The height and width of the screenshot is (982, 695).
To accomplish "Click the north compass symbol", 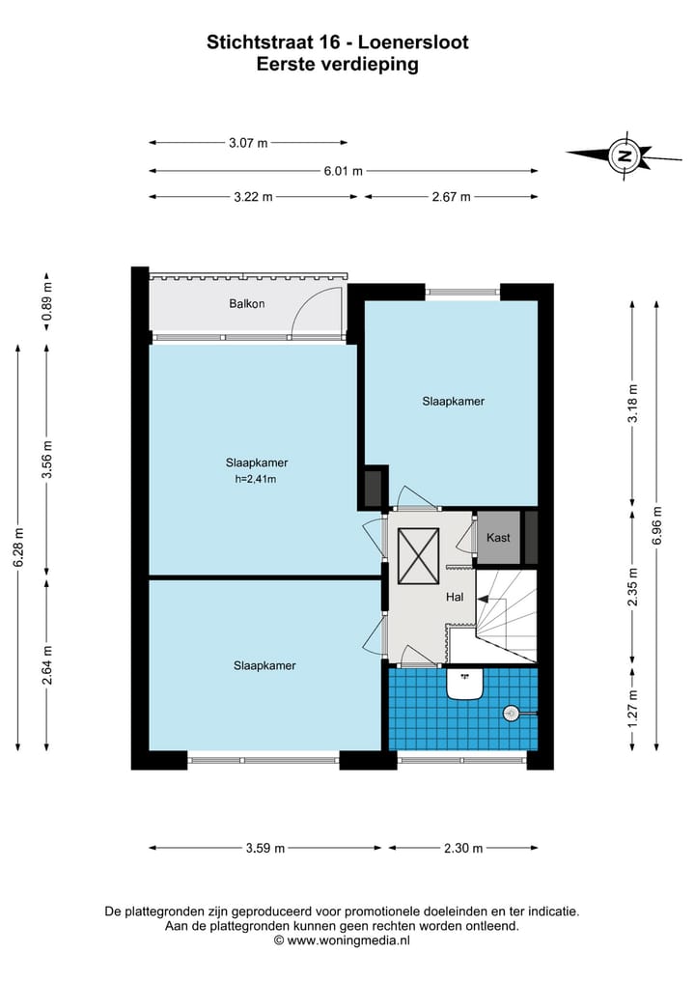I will [624, 154].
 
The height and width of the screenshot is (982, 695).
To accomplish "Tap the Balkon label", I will [247, 303].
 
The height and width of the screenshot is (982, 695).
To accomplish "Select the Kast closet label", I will [498, 538].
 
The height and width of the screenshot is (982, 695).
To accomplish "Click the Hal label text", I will [455, 597].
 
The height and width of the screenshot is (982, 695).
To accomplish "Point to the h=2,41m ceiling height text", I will [250, 478].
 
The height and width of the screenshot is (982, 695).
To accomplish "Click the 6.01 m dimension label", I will [343, 171].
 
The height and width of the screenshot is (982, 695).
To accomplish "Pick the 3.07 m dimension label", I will [248, 143].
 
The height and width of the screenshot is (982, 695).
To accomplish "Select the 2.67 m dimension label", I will [451, 197].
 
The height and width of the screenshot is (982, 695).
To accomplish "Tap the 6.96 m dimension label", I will [658, 525].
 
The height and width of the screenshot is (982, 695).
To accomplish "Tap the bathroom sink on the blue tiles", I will [465, 684].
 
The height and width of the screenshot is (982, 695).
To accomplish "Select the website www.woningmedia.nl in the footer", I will [348, 940].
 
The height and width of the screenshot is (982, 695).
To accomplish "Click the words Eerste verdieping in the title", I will [337, 66].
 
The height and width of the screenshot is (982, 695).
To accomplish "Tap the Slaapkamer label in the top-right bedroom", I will [453, 401].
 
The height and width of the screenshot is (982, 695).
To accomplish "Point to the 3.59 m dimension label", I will [265, 849].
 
